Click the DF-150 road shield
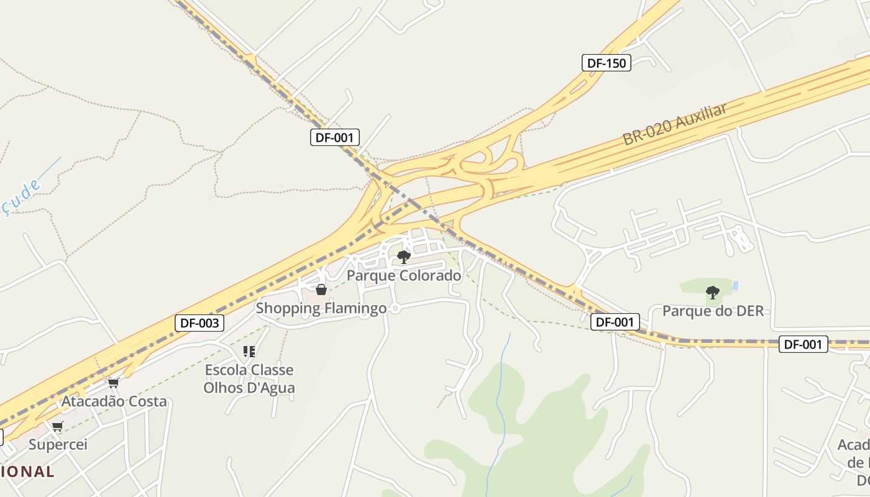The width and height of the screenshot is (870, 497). click(x=607, y=63)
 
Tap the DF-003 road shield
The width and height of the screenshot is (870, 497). click(x=199, y=323)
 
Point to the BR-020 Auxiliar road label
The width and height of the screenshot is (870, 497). click(x=675, y=125)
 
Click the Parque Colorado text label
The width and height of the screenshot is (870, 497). click(x=404, y=275)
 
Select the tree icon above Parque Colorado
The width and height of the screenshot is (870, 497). click(x=404, y=257)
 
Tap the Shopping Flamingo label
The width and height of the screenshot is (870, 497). click(x=321, y=308)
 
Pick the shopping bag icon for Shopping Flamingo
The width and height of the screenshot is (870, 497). click(x=321, y=290)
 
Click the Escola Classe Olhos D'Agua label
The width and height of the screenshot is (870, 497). click(x=249, y=379)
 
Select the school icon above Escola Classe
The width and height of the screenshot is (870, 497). click(x=249, y=352)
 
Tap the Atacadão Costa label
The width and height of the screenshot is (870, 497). click(x=114, y=401)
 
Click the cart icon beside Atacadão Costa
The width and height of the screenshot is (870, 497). click(x=113, y=383)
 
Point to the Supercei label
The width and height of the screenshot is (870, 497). click(x=58, y=444)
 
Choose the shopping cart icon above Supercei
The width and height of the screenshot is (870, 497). click(x=57, y=426)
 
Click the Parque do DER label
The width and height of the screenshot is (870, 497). click(x=713, y=311)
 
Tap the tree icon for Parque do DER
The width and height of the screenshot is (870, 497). click(x=713, y=292)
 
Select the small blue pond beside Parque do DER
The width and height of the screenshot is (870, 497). click(x=736, y=286)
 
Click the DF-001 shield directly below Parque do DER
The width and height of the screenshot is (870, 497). click(x=615, y=322)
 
